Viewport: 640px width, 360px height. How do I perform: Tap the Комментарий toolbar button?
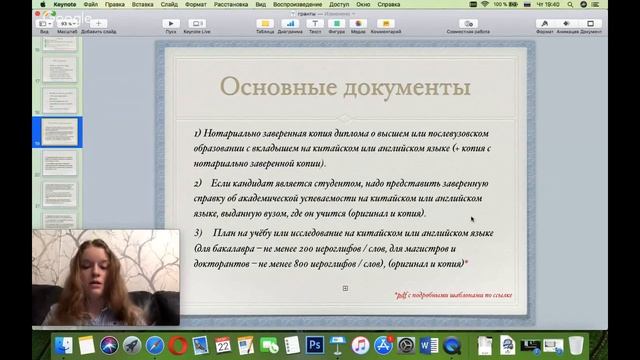click(x=385, y=25)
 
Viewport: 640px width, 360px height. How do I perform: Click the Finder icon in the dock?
click(x=64, y=345)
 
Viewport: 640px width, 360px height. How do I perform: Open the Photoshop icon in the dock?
click(x=315, y=345)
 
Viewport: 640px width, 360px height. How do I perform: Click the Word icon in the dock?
click(x=429, y=345)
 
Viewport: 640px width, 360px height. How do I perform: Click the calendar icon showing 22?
click(x=222, y=345)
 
